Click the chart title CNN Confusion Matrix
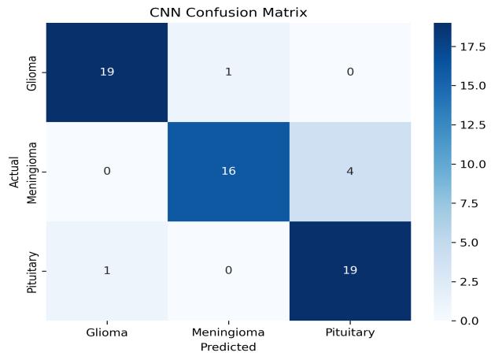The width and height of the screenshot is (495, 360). click(228, 13)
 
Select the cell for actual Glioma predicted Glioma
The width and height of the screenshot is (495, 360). click(107, 72)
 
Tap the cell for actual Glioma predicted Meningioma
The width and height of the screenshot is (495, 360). click(228, 72)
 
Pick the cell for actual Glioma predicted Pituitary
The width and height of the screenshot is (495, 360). click(350, 72)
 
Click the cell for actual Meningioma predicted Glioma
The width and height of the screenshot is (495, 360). click(107, 172)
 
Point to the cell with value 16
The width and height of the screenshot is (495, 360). click(228, 172)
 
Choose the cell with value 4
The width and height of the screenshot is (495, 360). click(350, 172)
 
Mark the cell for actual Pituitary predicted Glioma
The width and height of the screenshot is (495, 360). click(107, 271)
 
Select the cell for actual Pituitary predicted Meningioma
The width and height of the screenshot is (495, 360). click(228, 271)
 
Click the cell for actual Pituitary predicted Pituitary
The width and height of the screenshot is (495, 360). click(350, 271)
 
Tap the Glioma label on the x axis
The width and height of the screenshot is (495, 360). click(107, 332)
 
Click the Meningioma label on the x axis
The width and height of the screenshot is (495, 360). click(228, 332)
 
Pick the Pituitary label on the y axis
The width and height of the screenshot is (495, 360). click(32, 273)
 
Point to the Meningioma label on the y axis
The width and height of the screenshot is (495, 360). click(32, 173)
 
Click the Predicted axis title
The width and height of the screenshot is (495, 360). click(228, 347)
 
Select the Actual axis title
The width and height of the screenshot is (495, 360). click(14, 172)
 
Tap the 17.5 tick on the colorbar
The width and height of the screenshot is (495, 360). click(473, 47)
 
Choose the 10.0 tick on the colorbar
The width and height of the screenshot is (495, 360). click(473, 165)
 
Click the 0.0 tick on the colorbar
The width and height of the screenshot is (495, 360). click(470, 321)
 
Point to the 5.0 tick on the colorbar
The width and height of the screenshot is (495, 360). click(470, 243)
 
